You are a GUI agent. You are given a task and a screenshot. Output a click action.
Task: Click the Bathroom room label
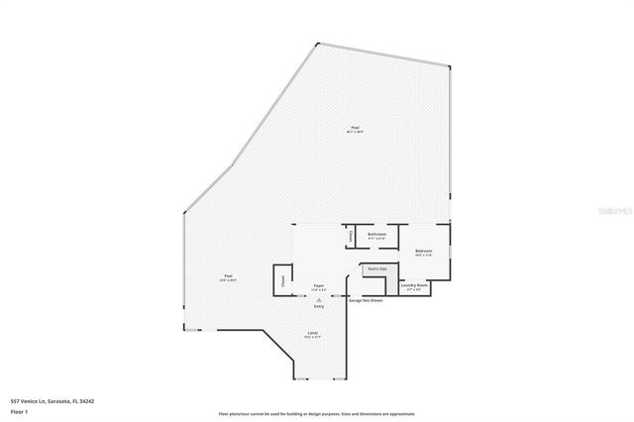pos(376,235)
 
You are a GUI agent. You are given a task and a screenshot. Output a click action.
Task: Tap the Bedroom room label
pos(423,251)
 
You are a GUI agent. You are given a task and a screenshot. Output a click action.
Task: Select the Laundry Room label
pos(414,284)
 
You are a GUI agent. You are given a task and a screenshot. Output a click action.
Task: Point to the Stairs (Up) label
pos(375,268)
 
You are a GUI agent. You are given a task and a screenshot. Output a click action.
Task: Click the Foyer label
pos(319,285)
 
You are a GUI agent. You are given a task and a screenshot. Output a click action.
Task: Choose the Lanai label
pos(312,333)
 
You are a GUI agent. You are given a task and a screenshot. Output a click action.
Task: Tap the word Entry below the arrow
pos(319,306)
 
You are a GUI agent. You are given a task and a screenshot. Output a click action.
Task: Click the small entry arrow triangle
pos(319,299)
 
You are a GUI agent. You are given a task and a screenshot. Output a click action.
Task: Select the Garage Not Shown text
pos(366,299)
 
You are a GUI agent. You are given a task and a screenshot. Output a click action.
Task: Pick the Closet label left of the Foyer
pos(283,280)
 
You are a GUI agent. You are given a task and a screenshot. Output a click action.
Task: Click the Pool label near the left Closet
pos(228,276)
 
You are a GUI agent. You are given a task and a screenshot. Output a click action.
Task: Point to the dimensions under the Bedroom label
pos(423,256)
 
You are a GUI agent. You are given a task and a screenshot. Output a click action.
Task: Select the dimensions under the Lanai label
pos(312,338)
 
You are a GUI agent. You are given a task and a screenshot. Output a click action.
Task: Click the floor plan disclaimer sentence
pos(316,414)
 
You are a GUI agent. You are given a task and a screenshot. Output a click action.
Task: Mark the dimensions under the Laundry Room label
pos(414,289)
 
